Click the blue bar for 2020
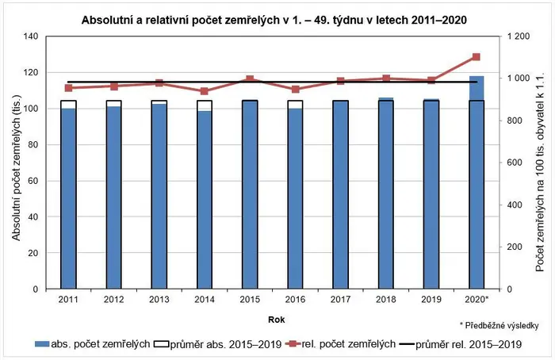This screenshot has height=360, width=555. click(x=477, y=182)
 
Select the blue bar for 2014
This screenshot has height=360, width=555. click(x=205, y=200)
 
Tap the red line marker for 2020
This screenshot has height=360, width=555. click(x=476, y=57)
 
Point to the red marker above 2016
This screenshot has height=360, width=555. click(x=296, y=89)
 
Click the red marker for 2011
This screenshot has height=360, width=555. click(x=69, y=88)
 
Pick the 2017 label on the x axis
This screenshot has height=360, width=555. click(x=340, y=300)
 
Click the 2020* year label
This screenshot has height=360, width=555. click(x=477, y=300)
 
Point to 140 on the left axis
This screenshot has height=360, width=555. click(x=31, y=36)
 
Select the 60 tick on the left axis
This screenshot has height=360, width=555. click(x=33, y=181)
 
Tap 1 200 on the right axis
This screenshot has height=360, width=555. click(x=519, y=36)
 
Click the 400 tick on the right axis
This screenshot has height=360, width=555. click(x=515, y=205)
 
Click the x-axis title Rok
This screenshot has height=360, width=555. click(x=277, y=320)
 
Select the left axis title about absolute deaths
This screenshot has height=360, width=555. click(x=17, y=168)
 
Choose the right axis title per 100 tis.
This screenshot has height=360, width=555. click(x=540, y=173)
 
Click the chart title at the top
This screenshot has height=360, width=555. click(x=274, y=20)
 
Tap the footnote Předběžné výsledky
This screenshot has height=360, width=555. click(x=499, y=325)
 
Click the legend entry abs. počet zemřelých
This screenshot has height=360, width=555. click(x=93, y=343)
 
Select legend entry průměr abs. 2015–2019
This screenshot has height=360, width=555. click(x=218, y=344)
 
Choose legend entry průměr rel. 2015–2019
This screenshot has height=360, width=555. click(x=460, y=344)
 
